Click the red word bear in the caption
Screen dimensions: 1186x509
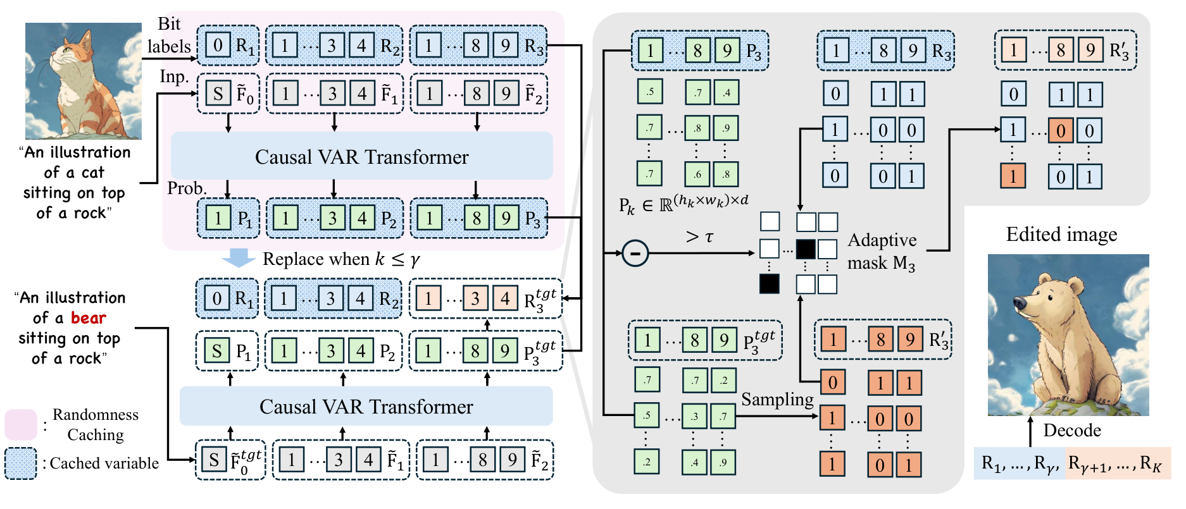[88, 317]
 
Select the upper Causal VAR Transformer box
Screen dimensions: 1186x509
[362, 156]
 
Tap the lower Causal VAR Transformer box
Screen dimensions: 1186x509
[366, 406]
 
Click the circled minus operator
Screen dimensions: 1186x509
[635, 253]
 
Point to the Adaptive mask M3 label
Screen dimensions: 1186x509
[882, 251]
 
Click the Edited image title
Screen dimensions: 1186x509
[1061, 235]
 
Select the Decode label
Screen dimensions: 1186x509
[1072, 430]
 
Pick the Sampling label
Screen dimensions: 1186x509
[777, 400]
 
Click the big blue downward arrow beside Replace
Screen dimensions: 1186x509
[239, 257]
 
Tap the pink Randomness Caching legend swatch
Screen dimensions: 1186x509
[21, 424]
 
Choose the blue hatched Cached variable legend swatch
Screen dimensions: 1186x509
[21, 463]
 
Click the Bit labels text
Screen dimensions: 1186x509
[169, 35]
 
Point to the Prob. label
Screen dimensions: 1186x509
[187, 188]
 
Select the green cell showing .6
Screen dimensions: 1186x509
[697, 174]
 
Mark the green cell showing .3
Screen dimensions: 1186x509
[695, 416]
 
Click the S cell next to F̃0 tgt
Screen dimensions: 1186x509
[214, 460]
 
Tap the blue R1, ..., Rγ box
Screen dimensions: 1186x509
[1020, 463]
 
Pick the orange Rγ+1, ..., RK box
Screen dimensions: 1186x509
[1118, 463]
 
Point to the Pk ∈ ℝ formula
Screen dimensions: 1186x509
[684, 204]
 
